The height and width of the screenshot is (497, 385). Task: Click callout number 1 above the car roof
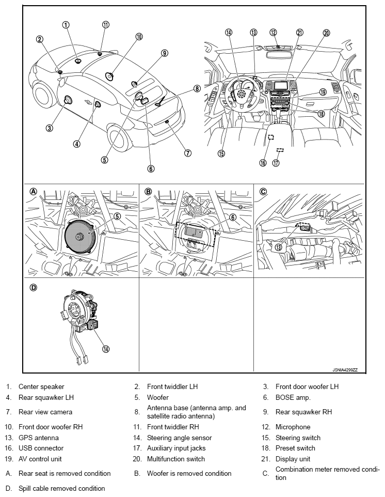pos(66,24)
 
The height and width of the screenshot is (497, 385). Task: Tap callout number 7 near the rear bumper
pos(188,153)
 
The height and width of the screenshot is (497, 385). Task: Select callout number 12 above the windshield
pos(274,32)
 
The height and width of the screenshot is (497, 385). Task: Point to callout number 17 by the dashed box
pos(276,163)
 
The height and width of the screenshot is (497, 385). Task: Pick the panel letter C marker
pos(263,191)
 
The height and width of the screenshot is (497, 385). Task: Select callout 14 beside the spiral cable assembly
pos(106,349)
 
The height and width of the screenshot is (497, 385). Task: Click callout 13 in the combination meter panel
pos(279,247)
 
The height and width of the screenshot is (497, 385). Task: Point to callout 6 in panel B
pos(233,218)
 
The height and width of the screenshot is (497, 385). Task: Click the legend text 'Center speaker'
pos(41,386)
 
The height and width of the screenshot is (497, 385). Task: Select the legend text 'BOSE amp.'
pos(293,397)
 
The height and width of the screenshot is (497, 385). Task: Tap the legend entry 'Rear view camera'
pos(45,412)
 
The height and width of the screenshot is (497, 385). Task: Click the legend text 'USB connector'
pos(41,448)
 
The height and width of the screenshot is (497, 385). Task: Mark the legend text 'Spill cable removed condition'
pos(61,488)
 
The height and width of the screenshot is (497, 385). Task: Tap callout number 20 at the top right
pos(326,32)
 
